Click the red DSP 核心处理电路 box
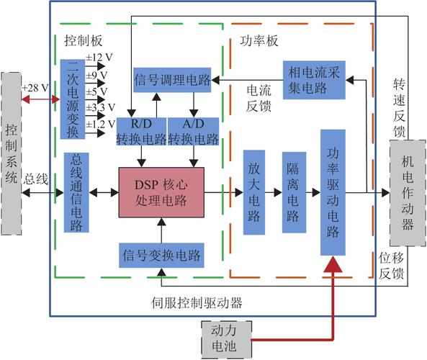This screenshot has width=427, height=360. click(x=162, y=192)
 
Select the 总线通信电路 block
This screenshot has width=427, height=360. click(x=77, y=192)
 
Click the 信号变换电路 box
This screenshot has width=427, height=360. click(x=161, y=255)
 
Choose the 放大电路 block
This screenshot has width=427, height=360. click(x=254, y=192)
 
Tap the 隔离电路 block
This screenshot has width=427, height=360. click(x=294, y=192)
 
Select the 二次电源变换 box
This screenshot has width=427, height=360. click(x=73, y=99)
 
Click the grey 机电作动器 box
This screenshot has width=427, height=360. click(x=408, y=193)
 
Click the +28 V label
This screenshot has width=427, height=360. click(x=35, y=87)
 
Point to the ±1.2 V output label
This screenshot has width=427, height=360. click(x=101, y=124)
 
